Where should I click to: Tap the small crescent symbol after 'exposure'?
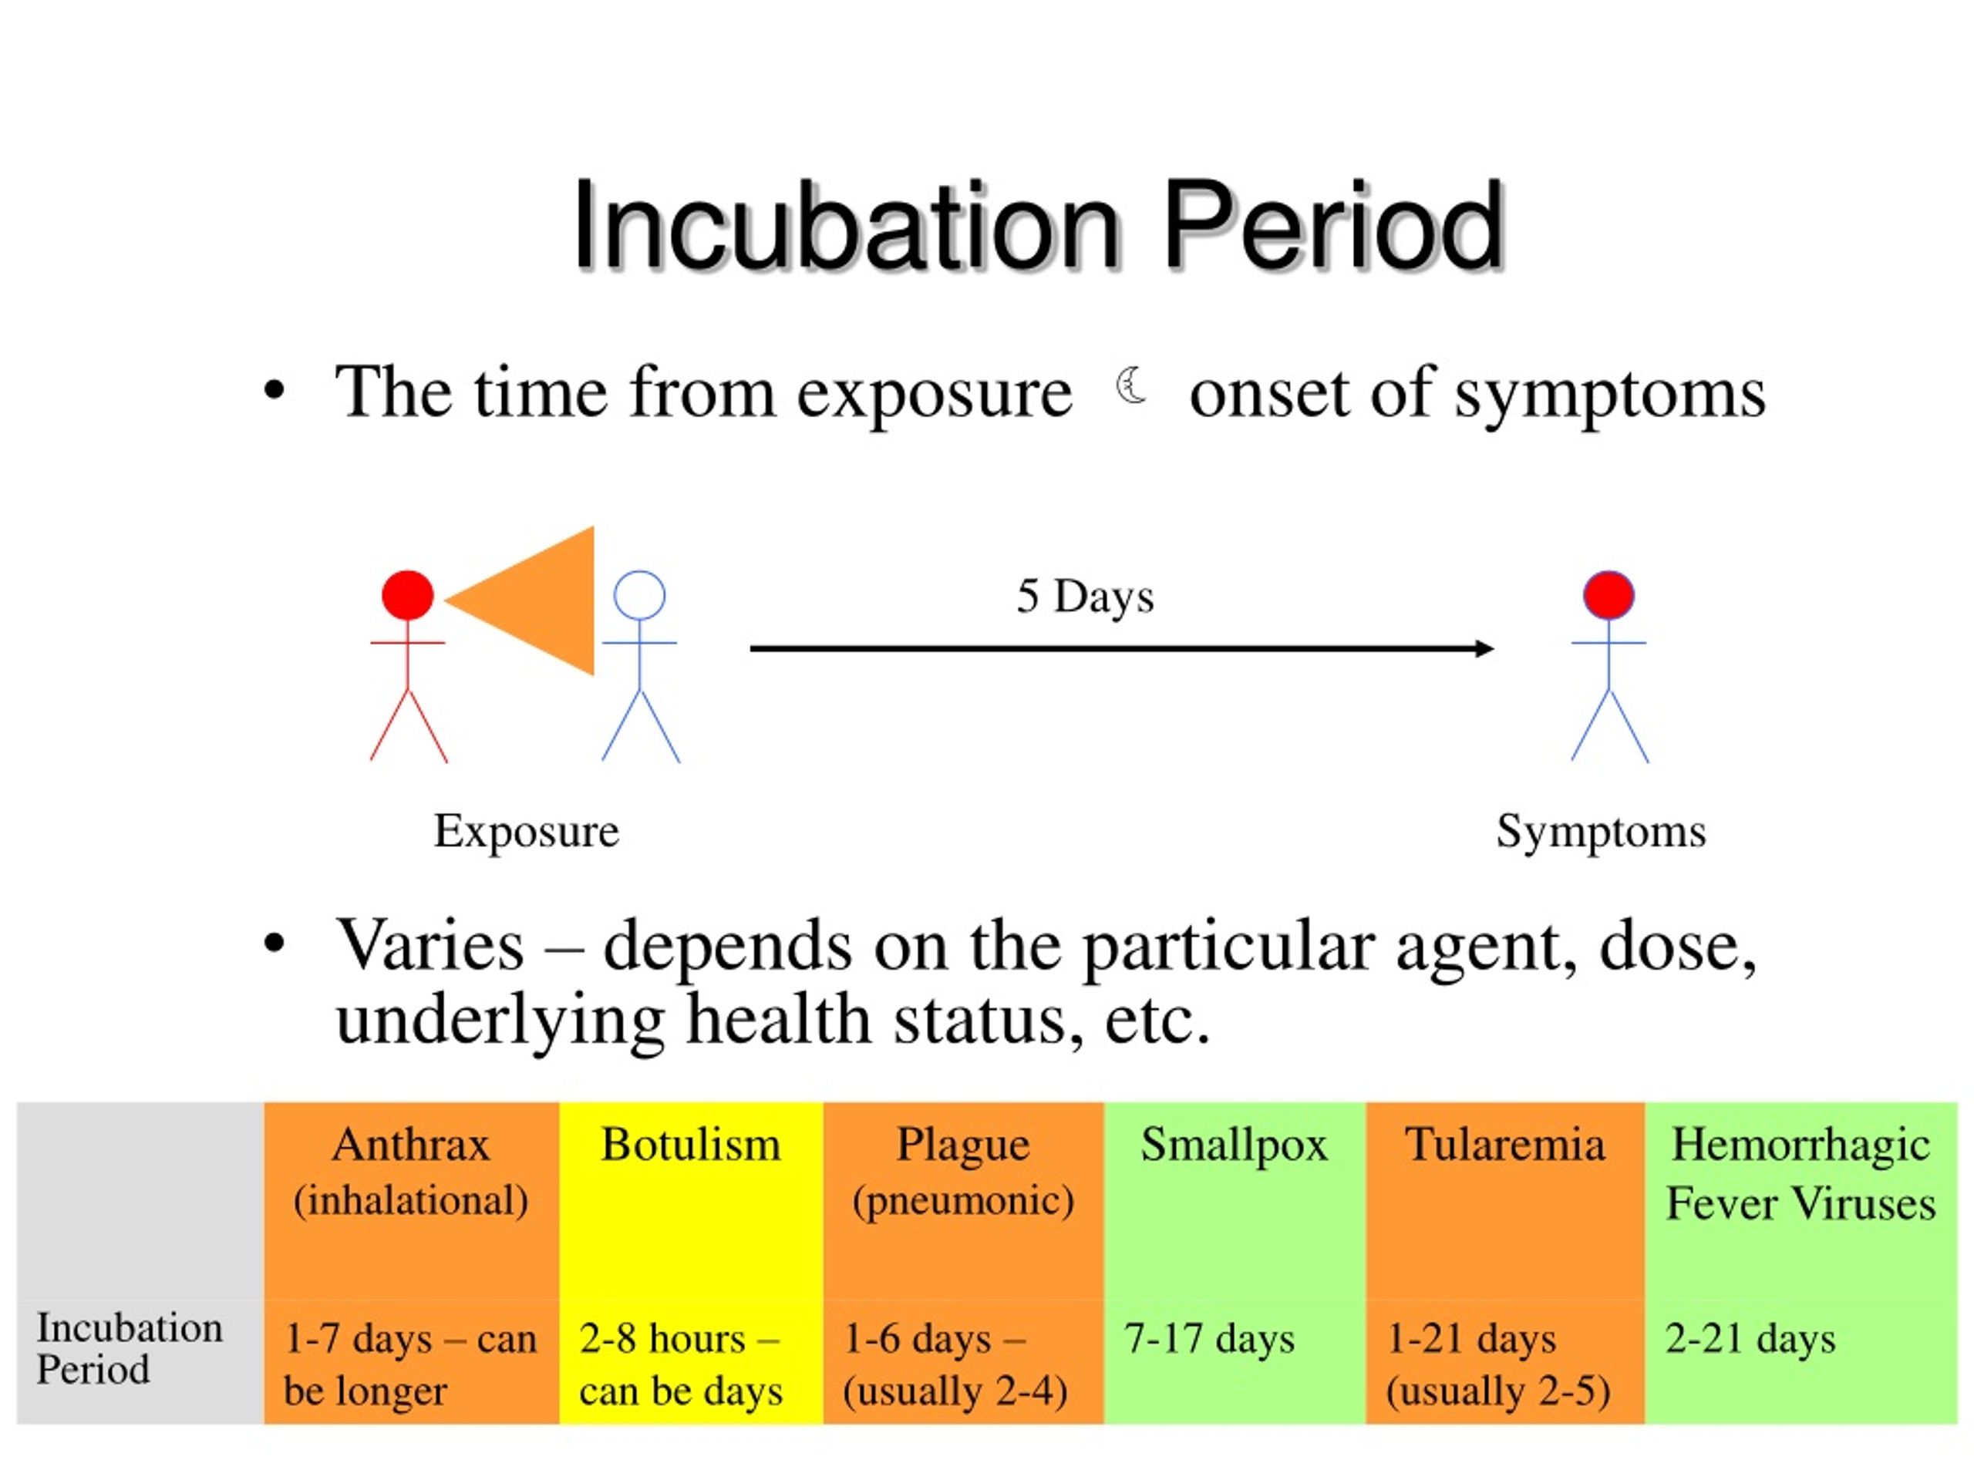pos(1131,386)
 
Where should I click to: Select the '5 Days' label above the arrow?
pos(1085,597)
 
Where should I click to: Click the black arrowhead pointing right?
pos(1484,648)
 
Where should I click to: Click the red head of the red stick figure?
pos(408,595)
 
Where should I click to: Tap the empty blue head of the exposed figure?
pos(640,595)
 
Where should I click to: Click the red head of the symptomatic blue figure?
pos(1609,595)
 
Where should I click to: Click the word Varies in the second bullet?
pos(429,946)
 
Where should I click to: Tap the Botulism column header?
pos(691,1145)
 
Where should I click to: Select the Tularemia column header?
pos(1504,1145)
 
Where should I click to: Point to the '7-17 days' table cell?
pos(1209,1340)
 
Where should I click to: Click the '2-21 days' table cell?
pos(1751,1340)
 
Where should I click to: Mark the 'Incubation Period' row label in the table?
pos(130,1349)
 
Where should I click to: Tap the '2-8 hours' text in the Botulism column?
pos(662,1339)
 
